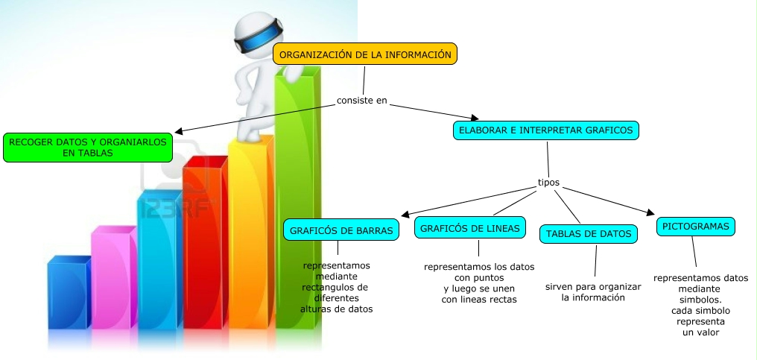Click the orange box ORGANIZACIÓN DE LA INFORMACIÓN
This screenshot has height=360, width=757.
[365, 54]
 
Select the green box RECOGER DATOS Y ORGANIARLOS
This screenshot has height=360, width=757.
[87, 147]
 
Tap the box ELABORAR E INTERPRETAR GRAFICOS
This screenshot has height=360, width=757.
[546, 130]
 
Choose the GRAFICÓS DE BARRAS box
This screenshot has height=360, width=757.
[341, 230]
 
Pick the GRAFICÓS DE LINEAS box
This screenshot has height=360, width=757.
[469, 228]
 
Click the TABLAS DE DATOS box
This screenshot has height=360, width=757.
[589, 234]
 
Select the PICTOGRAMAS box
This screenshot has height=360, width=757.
[696, 226]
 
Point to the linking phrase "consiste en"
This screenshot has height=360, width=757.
[362, 101]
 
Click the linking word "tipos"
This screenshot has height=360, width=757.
[548, 182]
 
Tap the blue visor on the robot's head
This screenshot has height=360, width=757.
[259, 31]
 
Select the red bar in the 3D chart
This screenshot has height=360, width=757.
[203, 246]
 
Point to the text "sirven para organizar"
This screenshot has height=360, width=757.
[593, 286]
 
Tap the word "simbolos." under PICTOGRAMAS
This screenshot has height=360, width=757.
[700, 300]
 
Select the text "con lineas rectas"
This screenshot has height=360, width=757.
[478, 300]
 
